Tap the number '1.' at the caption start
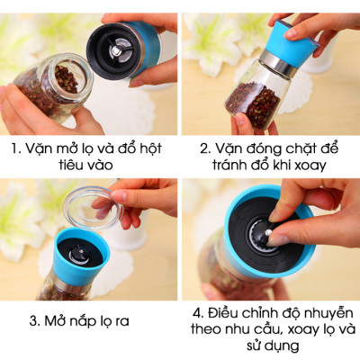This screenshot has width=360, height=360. (17, 148)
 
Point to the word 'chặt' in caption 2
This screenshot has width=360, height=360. (301, 148)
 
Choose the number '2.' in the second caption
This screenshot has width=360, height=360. (202, 148)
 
